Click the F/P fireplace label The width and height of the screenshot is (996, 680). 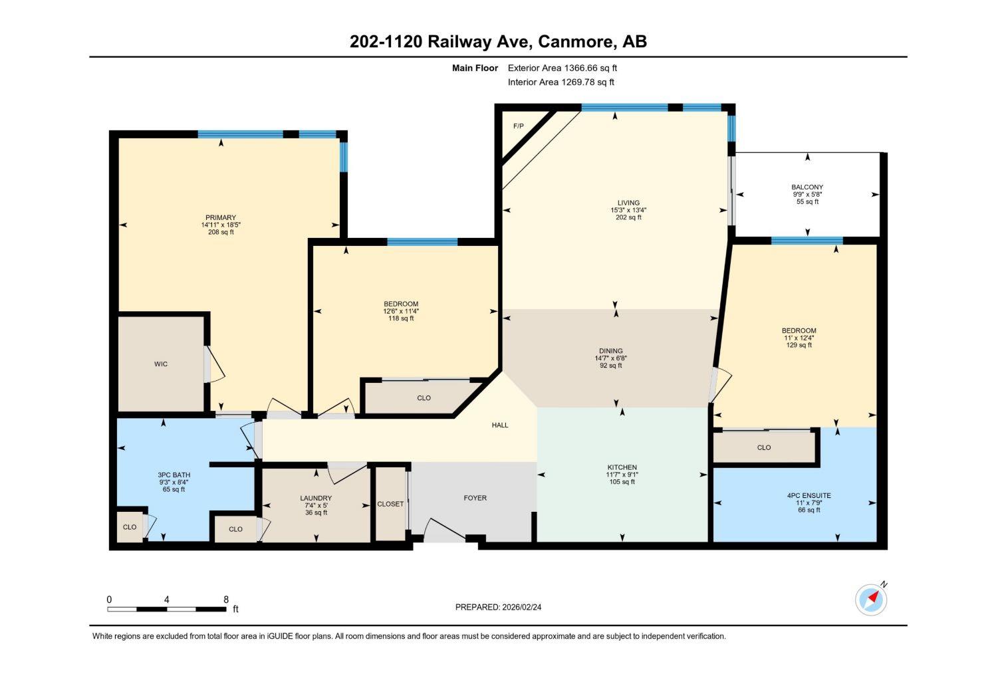tap(518, 126)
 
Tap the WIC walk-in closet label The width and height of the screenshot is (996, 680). tap(161, 364)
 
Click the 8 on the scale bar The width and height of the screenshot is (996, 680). tap(226, 600)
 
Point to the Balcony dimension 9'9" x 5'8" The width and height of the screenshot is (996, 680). tap(807, 195)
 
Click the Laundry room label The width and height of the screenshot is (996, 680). tap(316, 498)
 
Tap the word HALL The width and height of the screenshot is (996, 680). tap(500, 425)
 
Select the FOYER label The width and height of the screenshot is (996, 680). tap(475, 498)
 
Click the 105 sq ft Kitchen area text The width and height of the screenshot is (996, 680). tap(622, 482)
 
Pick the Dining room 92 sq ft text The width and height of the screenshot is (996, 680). tap(610, 366)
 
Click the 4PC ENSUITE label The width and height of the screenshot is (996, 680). tap(809, 495)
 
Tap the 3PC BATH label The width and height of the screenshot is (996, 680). tap(174, 475)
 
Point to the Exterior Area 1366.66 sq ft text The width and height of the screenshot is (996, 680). tap(562, 68)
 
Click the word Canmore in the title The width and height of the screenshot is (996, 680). tap(576, 42)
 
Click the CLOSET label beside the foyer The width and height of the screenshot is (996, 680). tap(390, 504)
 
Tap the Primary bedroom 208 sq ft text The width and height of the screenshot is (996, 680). tap(221, 232)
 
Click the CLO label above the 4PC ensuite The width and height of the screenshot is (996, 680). tap(764, 447)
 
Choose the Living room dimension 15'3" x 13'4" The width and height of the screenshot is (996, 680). tap(628, 210)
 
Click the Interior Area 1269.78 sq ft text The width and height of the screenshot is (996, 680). tap(560, 82)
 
